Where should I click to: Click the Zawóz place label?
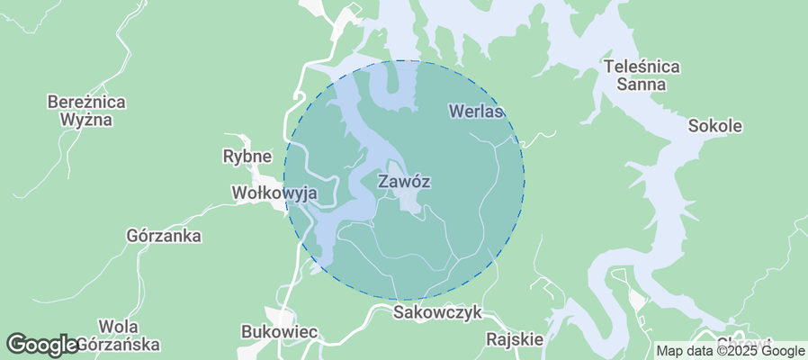pyautogui.click(x=404, y=181)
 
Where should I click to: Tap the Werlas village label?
pyautogui.click(x=475, y=111)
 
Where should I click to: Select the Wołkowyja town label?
pyautogui.click(x=274, y=193)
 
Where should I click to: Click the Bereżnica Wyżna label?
pyautogui.click(x=85, y=110)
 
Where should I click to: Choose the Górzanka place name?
pyautogui.click(x=164, y=236)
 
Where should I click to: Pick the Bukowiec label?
pyautogui.click(x=280, y=331)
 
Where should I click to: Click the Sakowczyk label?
pyautogui.click(x=438, y=312)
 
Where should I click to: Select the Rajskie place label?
pyautogui.click(x=514, y=339)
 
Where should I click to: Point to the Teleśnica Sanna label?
pyautogui.click(x=642, y=76)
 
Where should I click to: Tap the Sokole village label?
pyautogui.click(x=714, y=126)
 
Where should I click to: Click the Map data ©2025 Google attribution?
pyautogui.click(x=729, y=351)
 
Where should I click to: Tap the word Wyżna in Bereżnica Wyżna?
pyautogui.click(x=85, y=119)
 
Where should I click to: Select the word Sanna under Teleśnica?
pyautogui.click(x=642, y=85)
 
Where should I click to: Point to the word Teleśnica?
pyautogui.click(x=642, y=67)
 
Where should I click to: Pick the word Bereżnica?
pyautogui.click(x=85, y=101)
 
